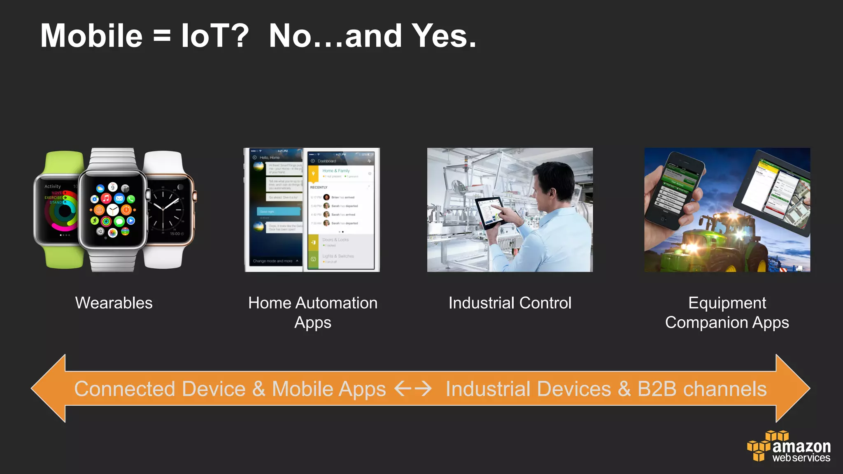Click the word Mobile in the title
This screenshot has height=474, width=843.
coord(91,36)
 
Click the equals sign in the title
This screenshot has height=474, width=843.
coord(162,36)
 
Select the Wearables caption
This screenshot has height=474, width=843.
coord(114,303)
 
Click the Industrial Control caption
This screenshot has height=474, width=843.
coord(510,303)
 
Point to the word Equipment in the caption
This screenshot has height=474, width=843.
coord(727,303)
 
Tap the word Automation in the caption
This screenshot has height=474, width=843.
coord(336,303)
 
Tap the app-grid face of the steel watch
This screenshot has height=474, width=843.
coord(112,210)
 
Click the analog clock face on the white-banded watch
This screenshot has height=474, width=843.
coord(167,210)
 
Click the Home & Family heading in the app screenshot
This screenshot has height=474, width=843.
coord(336,171)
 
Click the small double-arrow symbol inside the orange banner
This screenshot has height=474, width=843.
coord(413,388)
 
